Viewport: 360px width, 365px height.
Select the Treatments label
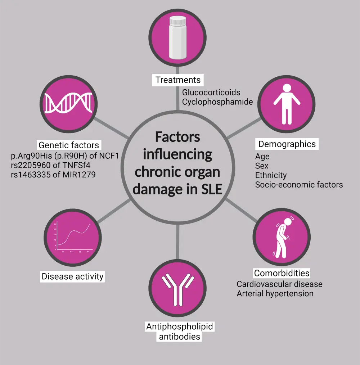point(178,80)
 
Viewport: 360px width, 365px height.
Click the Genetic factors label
point(69,145)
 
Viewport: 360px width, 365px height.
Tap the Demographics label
point(287,144)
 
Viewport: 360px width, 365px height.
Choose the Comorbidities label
point(282,273)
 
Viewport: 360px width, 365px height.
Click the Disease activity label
point(73,276)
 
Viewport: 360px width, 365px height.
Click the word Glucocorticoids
point(211,93)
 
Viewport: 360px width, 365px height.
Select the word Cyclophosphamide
point(217,102)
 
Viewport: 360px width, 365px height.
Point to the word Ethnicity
point(271,175)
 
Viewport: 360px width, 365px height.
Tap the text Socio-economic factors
point(299,185)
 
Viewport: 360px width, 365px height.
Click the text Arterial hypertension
point(275,293)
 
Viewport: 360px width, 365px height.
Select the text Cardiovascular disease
point(279,284)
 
